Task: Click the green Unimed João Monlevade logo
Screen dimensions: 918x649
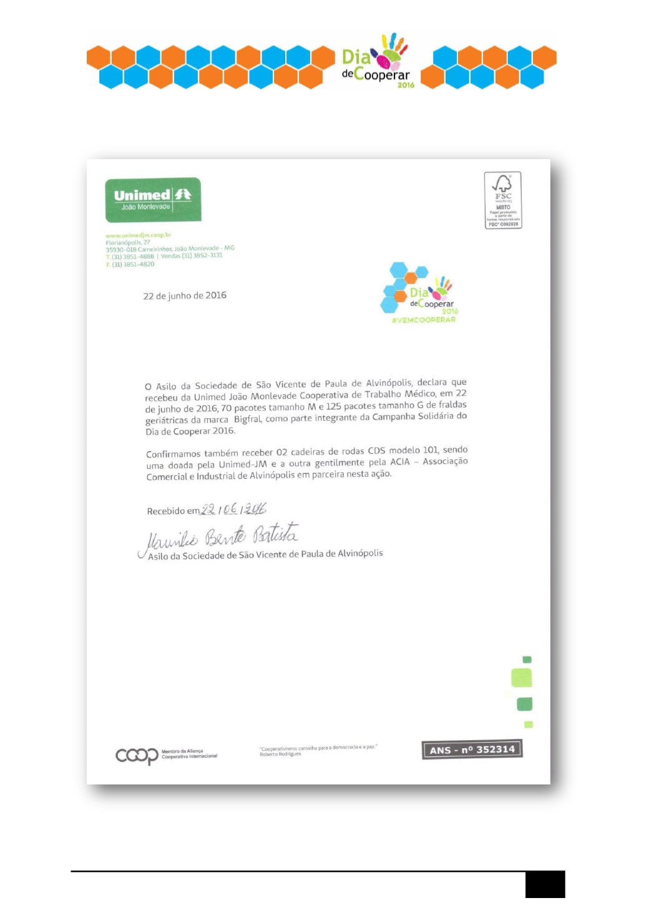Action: tap(153, 200)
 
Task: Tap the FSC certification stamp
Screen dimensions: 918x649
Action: tap(503, 200)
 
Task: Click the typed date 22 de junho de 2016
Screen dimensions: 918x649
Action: tap(185, 296)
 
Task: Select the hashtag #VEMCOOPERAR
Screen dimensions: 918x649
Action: tap(424, 320)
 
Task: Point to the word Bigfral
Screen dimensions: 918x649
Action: tap(248, 419)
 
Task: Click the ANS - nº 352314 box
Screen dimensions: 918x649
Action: tap(472, 750)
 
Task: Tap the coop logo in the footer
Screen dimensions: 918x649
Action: tap(137, 756)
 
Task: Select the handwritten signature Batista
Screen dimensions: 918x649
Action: tap(276, 535)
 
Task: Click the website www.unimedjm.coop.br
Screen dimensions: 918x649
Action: tap(139, 235)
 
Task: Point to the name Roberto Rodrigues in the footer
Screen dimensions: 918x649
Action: tap(280, 754)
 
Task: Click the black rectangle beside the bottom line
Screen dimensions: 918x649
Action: tap(545, 884)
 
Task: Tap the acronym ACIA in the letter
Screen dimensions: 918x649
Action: tap(399, 462)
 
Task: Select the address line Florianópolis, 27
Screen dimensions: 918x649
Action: tap(128, 242)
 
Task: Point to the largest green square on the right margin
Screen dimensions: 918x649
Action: tap(522, 678)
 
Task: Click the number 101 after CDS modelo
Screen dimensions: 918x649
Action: tap(430, 450)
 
